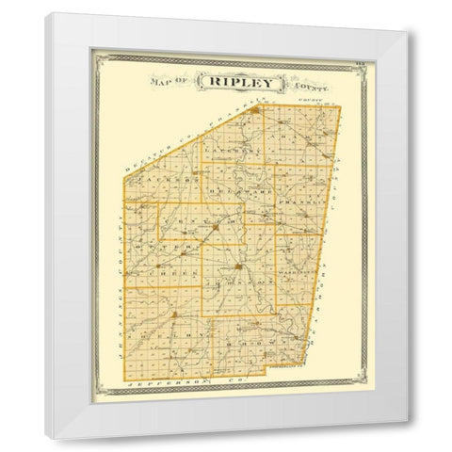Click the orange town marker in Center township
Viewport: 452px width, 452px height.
click(216, 228)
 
